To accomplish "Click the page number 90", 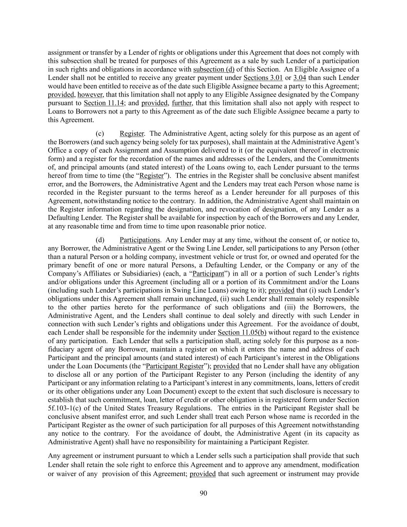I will point(204,493).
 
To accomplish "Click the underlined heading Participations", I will point(139,240).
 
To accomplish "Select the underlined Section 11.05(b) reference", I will point(242,332).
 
